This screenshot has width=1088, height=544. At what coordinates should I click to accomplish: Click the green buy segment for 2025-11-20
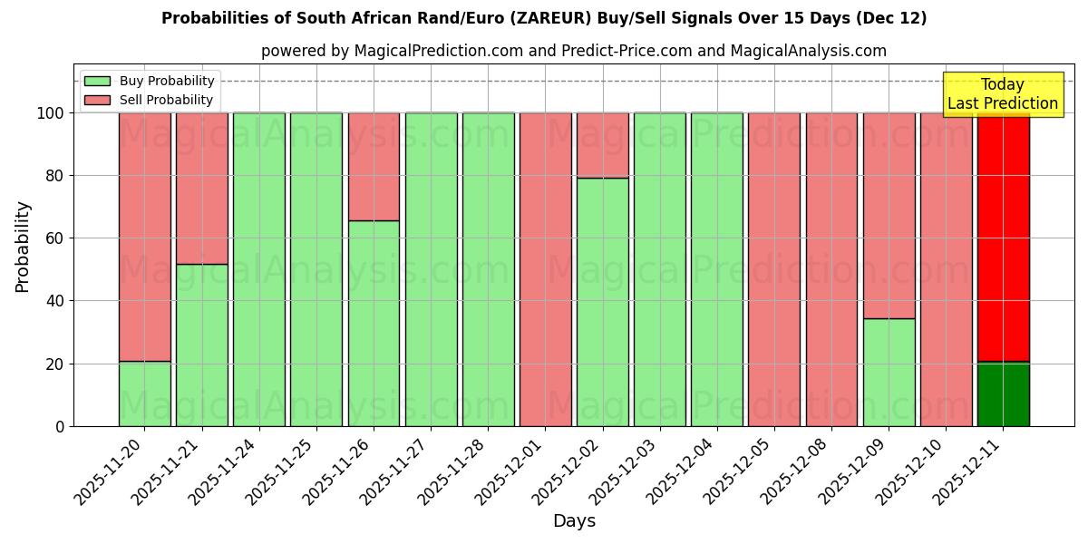144,393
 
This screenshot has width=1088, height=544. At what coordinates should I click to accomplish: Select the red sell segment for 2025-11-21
201,188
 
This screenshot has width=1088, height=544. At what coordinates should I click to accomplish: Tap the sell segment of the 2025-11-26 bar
374,167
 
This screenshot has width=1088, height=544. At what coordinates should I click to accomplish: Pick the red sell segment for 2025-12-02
602,145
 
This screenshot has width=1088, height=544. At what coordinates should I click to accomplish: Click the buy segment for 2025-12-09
889,372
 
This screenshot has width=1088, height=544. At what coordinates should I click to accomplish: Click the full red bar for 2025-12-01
545,269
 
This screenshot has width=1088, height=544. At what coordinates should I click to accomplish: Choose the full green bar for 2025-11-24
258,269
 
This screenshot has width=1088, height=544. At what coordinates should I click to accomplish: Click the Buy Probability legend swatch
97,81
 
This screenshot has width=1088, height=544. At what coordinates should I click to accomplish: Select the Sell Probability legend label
166,100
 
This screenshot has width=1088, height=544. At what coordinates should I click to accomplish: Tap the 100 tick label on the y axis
51,113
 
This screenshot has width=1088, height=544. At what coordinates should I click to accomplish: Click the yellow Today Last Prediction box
1002,94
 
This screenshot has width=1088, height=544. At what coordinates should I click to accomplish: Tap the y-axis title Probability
23,247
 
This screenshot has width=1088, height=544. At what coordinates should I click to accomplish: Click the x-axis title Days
574,521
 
